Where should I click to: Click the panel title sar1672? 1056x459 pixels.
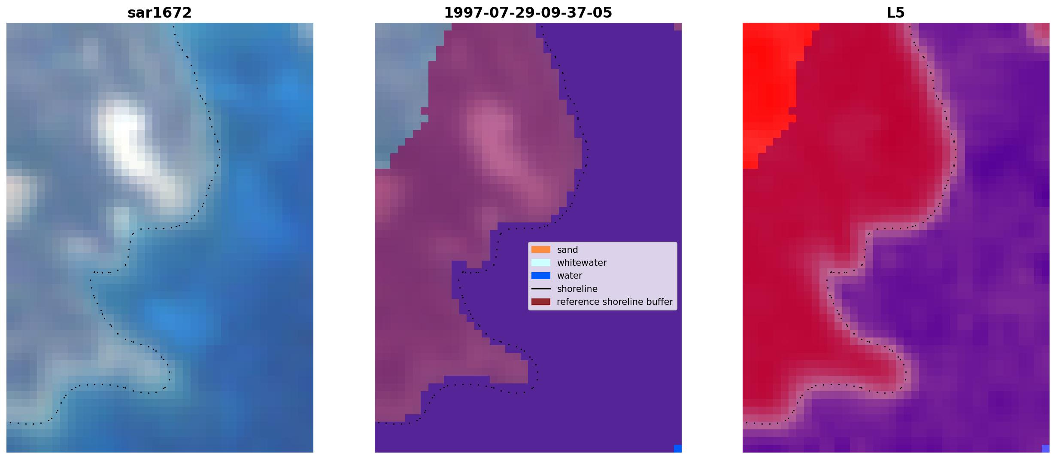coord(160,13)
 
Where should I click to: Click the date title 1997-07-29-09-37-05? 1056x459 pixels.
coord(528,13)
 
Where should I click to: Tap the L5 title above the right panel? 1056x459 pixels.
coord(896,13)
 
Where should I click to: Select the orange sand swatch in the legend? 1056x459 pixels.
coord(541,249)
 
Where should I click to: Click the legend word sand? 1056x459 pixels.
coord(567,250)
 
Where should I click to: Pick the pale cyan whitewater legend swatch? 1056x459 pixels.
coord(541,262)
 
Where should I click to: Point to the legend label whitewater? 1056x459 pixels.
coord(582,263)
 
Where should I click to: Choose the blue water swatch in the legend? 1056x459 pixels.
coord(541,276)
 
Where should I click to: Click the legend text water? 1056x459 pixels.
coord(570,276)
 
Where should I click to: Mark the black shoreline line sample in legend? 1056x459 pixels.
coord(541,289)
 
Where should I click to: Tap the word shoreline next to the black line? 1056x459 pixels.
coord(577,289)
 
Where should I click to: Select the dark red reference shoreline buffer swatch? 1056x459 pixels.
coord(541,302)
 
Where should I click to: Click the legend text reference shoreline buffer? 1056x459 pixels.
coord(615,302)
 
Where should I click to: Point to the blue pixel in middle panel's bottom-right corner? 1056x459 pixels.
coord(678,449)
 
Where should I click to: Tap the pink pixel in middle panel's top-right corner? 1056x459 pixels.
coord(678,27)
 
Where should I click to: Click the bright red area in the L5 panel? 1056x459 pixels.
coord(768,86)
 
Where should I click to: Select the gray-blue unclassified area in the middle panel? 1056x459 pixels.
coord(399,86)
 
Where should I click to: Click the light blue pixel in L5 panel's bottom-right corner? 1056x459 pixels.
coord(1046,449)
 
